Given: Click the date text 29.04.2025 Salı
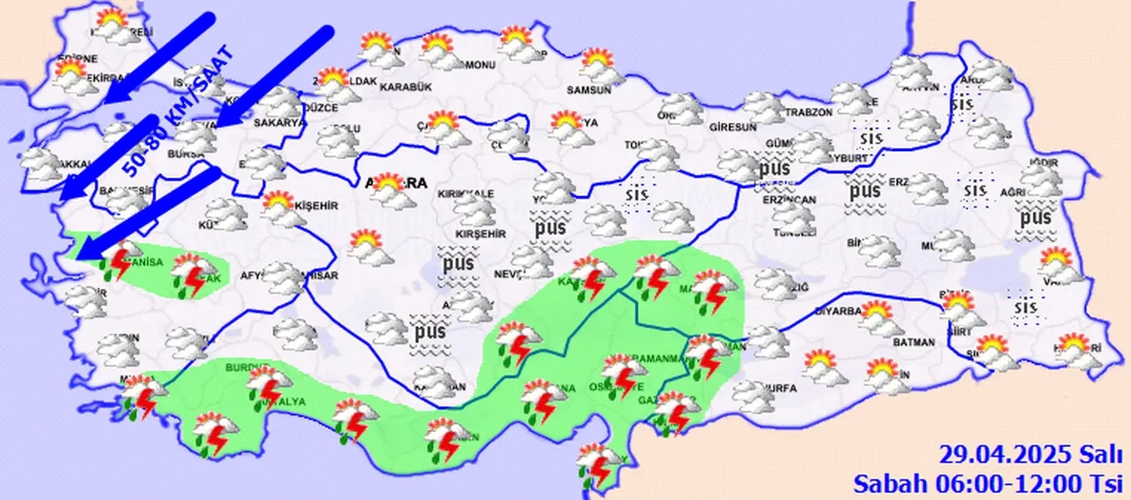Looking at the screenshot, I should pyautogui.click(x=1029, y=455).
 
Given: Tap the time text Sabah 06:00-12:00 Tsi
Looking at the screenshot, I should pyautogui.click(x=986, y=483).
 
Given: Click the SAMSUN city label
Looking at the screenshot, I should pyautogui.click(x=591, y=90).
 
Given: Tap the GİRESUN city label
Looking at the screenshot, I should pyautogui.click(x=733, y=126).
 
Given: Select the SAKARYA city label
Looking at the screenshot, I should pyautogui.click(x=279, y=123).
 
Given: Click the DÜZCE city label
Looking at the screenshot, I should pyautogui.click(x=321, y=107).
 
